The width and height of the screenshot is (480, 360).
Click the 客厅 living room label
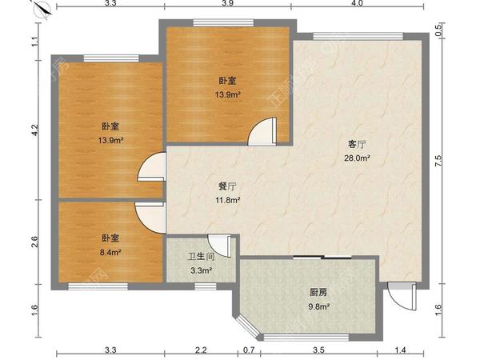click(x=357, y=145)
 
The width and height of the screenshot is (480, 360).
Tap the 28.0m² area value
click(x=357, y=158)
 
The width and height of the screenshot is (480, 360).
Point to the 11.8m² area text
click(x=229, y=200)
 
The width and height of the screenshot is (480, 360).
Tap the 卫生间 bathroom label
click(x=200, y=258)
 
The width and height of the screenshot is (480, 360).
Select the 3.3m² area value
click(x=200, y=270)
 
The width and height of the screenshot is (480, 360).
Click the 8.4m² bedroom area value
click(x=110, y=252)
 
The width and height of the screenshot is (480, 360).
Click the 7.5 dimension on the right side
click(x=438, y=159)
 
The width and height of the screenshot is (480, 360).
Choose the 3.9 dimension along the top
click(x=227, y=5)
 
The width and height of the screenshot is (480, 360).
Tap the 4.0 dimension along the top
click(x=357, y=5)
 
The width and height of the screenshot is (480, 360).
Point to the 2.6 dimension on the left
click(x=34, y=241)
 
